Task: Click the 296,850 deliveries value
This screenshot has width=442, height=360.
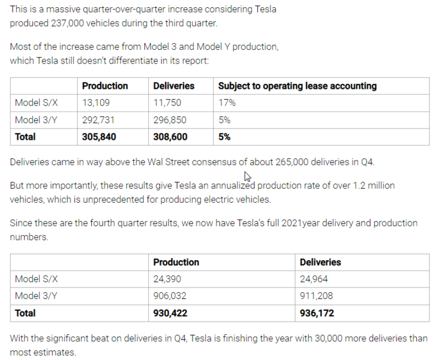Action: point(170,120)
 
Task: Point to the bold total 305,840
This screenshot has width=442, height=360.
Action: point(99,137)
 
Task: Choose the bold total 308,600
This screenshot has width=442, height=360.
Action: point(170,137)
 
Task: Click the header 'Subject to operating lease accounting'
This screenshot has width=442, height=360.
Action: point(297,86)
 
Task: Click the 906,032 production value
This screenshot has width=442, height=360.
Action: point(170,296)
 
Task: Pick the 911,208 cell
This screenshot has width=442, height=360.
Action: point(316,296)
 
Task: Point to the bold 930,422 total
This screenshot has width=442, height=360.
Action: point(170,313)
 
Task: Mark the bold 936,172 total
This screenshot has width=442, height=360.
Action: point(317,313)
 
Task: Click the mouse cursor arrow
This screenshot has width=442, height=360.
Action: point(248,177)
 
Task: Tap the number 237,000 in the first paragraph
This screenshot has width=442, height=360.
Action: point(67,23)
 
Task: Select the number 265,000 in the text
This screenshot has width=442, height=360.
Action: point(291,162)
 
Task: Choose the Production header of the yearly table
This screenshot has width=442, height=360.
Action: point(176,262)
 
